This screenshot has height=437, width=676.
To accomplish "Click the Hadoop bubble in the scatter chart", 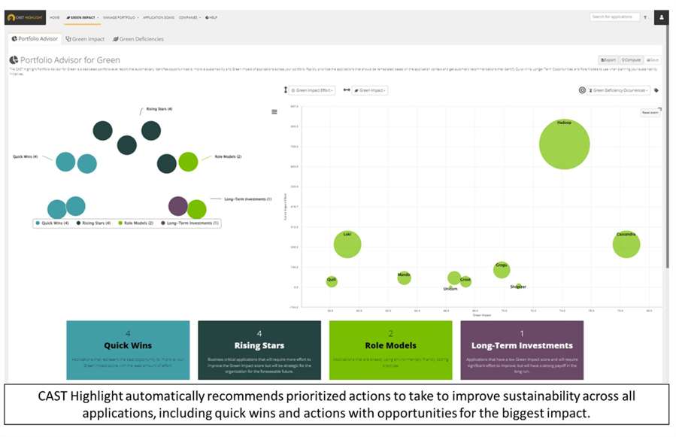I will (564, 144).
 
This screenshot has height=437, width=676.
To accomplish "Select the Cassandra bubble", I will (626, 244).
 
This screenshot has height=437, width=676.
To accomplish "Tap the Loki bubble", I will (347, 244).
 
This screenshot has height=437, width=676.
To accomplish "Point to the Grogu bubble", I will (502, 269).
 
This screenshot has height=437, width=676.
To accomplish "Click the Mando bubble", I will (404, 278).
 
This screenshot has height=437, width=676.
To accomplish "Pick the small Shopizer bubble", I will (518, 287).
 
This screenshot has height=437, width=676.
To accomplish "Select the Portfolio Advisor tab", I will (35, 39).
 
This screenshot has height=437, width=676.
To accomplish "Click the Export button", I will (608, 59).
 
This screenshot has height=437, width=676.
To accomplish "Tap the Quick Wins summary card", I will (128, 350).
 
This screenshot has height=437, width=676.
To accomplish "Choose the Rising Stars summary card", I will (259, 350).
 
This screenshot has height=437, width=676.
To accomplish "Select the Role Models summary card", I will (390, 350).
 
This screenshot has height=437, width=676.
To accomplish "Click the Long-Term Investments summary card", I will (522, 350).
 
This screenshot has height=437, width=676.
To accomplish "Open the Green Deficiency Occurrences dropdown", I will (619, 90).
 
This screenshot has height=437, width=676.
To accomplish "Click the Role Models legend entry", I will (138, 223).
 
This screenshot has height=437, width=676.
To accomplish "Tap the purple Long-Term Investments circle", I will (178, 206).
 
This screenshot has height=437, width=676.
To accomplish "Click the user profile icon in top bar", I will (661, 17).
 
